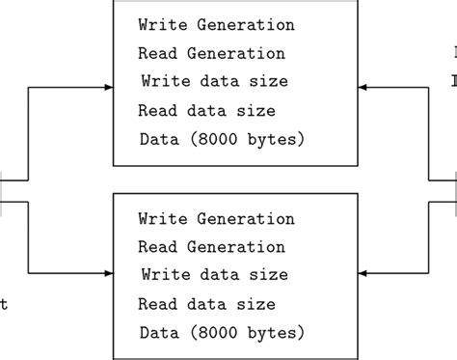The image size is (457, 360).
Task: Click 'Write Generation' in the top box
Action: [216, 24]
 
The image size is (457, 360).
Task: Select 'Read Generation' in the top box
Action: [211, 53]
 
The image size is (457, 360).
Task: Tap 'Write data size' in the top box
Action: [214, 81]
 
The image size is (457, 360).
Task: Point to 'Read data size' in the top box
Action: [206, 111]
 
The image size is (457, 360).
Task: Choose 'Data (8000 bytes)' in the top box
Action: [222, 139]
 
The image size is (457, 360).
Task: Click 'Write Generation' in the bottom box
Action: [216, 219]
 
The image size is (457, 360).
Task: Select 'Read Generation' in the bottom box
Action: [211, 247]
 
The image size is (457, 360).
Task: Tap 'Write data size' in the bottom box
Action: [214, 275]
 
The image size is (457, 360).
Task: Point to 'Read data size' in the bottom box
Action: [206, 305]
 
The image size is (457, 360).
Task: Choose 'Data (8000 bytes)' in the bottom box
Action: [222, 333]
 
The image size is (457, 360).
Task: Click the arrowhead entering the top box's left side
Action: [108, 88]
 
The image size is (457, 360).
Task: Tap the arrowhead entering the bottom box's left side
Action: [108, 272]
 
